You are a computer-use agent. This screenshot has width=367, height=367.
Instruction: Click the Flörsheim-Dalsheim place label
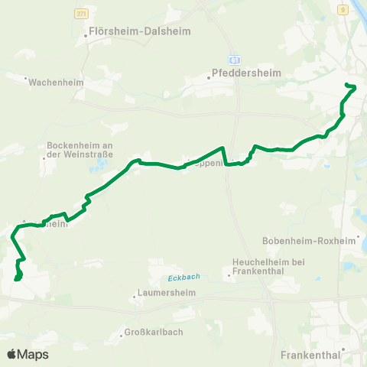coord(141,33)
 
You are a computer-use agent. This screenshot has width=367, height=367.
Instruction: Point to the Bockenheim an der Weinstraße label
coord(80,148)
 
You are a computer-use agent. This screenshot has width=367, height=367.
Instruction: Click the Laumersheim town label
coord(167,292)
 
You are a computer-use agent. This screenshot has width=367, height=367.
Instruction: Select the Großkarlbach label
coord(155,333)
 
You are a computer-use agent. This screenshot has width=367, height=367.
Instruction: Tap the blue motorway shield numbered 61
coord(235,60)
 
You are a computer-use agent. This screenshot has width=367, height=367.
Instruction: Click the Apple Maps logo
coord(28,354)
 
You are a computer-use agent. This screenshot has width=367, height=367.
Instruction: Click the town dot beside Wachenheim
coord(26,79)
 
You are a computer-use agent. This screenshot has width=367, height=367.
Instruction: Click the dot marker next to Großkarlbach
coord(122,333)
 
